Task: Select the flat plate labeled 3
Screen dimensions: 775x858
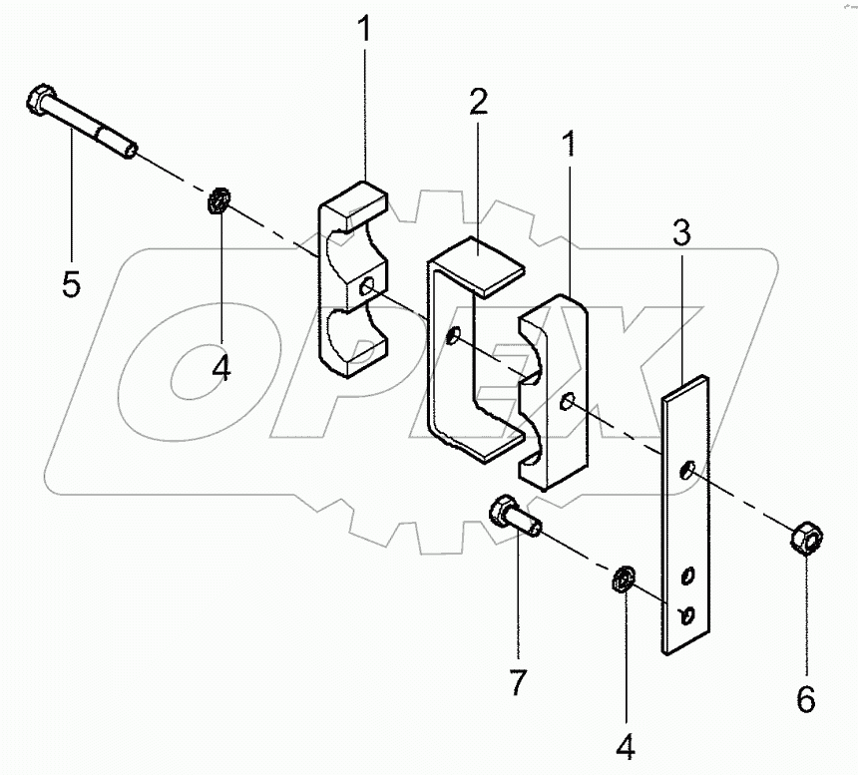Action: pyautogui.click(x=686, y=519)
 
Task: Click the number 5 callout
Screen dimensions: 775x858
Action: pyautogui.click(x=71, y=284)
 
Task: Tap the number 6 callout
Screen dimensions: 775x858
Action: pyautogui.click(x=805, y=699)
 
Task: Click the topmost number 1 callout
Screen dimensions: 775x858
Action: pyautogui.click(x=365, y=30)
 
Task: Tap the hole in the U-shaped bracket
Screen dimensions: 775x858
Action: pyautogui.click(x=455, y=336)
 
